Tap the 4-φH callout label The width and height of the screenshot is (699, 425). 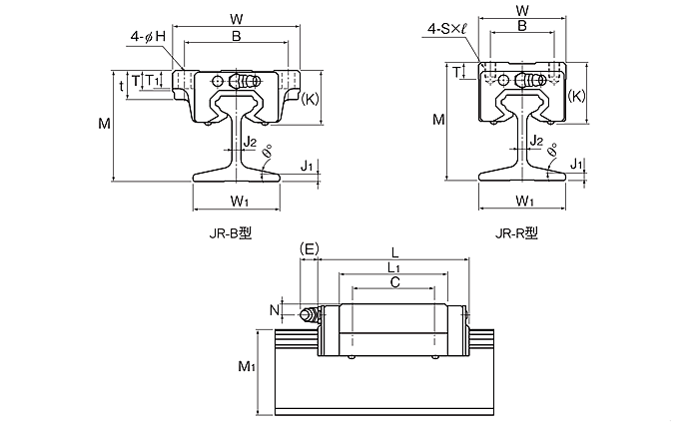coord(147,37)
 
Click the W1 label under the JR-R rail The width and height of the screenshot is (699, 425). coord(524,202)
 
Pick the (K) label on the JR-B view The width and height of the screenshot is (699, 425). coord(310,100)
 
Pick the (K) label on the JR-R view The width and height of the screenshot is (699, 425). coord(577,96)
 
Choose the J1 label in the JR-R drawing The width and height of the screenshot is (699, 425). coord(576,163)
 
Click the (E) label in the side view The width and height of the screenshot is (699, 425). coord(309,248)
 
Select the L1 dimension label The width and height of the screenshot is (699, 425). coord(393,267)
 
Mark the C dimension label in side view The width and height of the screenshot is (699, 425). coord(393,283)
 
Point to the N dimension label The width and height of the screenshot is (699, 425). coord(275,309)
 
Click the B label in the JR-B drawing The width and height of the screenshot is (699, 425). coord(236,36)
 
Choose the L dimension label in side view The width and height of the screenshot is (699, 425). coord(397,252)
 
